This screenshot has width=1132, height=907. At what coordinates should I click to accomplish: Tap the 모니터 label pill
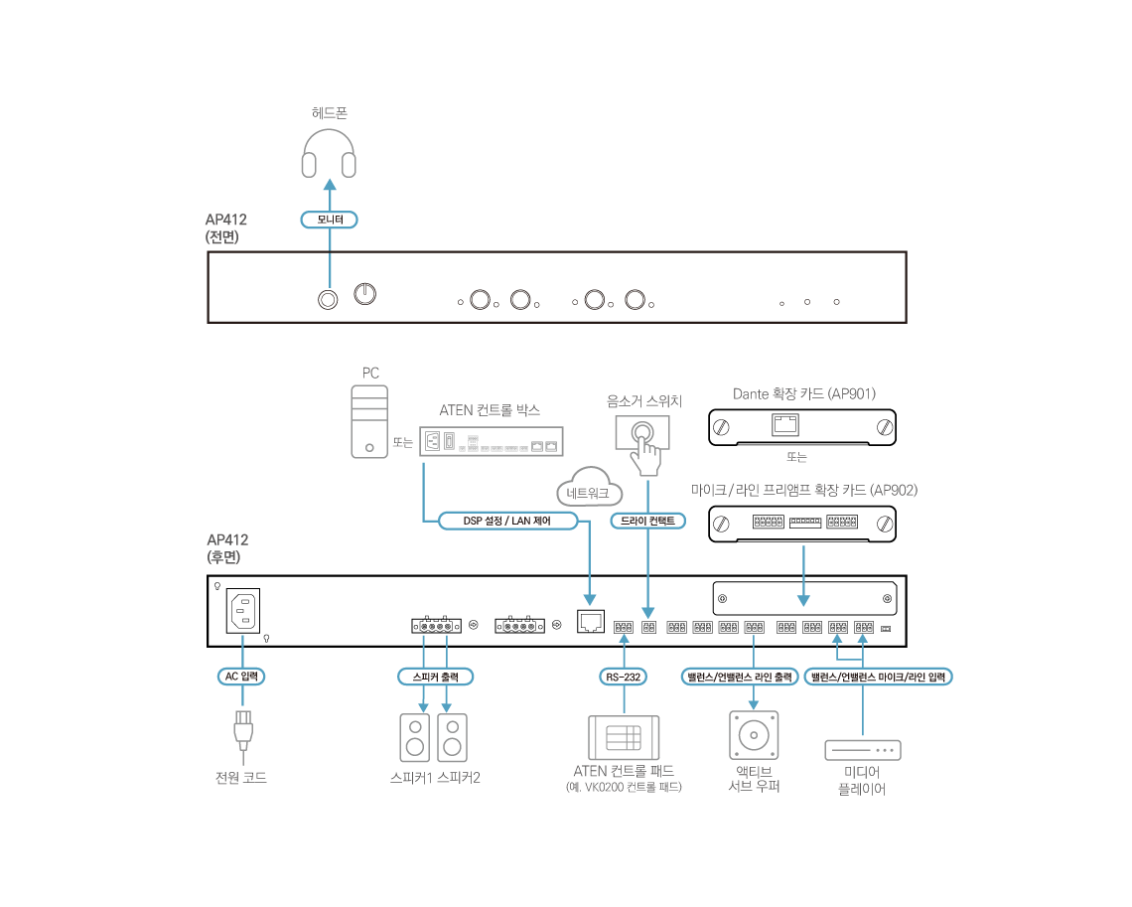coord(329,219)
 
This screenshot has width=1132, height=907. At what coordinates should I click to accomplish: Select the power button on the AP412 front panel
coord(365,294)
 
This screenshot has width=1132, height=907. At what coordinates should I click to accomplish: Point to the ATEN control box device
coord(491,440)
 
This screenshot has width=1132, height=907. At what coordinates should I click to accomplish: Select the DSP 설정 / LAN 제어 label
coord(507,521)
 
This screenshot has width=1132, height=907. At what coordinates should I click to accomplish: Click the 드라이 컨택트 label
coord(647,521)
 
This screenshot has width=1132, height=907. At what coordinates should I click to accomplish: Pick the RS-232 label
coord(624,677)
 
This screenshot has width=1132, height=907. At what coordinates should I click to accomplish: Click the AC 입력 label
coord(241,677)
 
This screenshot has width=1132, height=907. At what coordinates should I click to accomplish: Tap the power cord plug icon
coord(241,730)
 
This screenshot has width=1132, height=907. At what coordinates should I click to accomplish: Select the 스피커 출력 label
coord(435,677)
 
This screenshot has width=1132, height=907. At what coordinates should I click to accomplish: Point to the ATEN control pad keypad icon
coord(624,737)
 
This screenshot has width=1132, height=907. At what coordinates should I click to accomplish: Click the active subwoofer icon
coord(754,736)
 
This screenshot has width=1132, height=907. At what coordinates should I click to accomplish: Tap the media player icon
coord(862,749)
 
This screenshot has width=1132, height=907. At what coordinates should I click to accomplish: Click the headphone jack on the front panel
coord(327,299)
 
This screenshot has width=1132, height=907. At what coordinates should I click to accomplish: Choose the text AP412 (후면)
coord(227,548)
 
